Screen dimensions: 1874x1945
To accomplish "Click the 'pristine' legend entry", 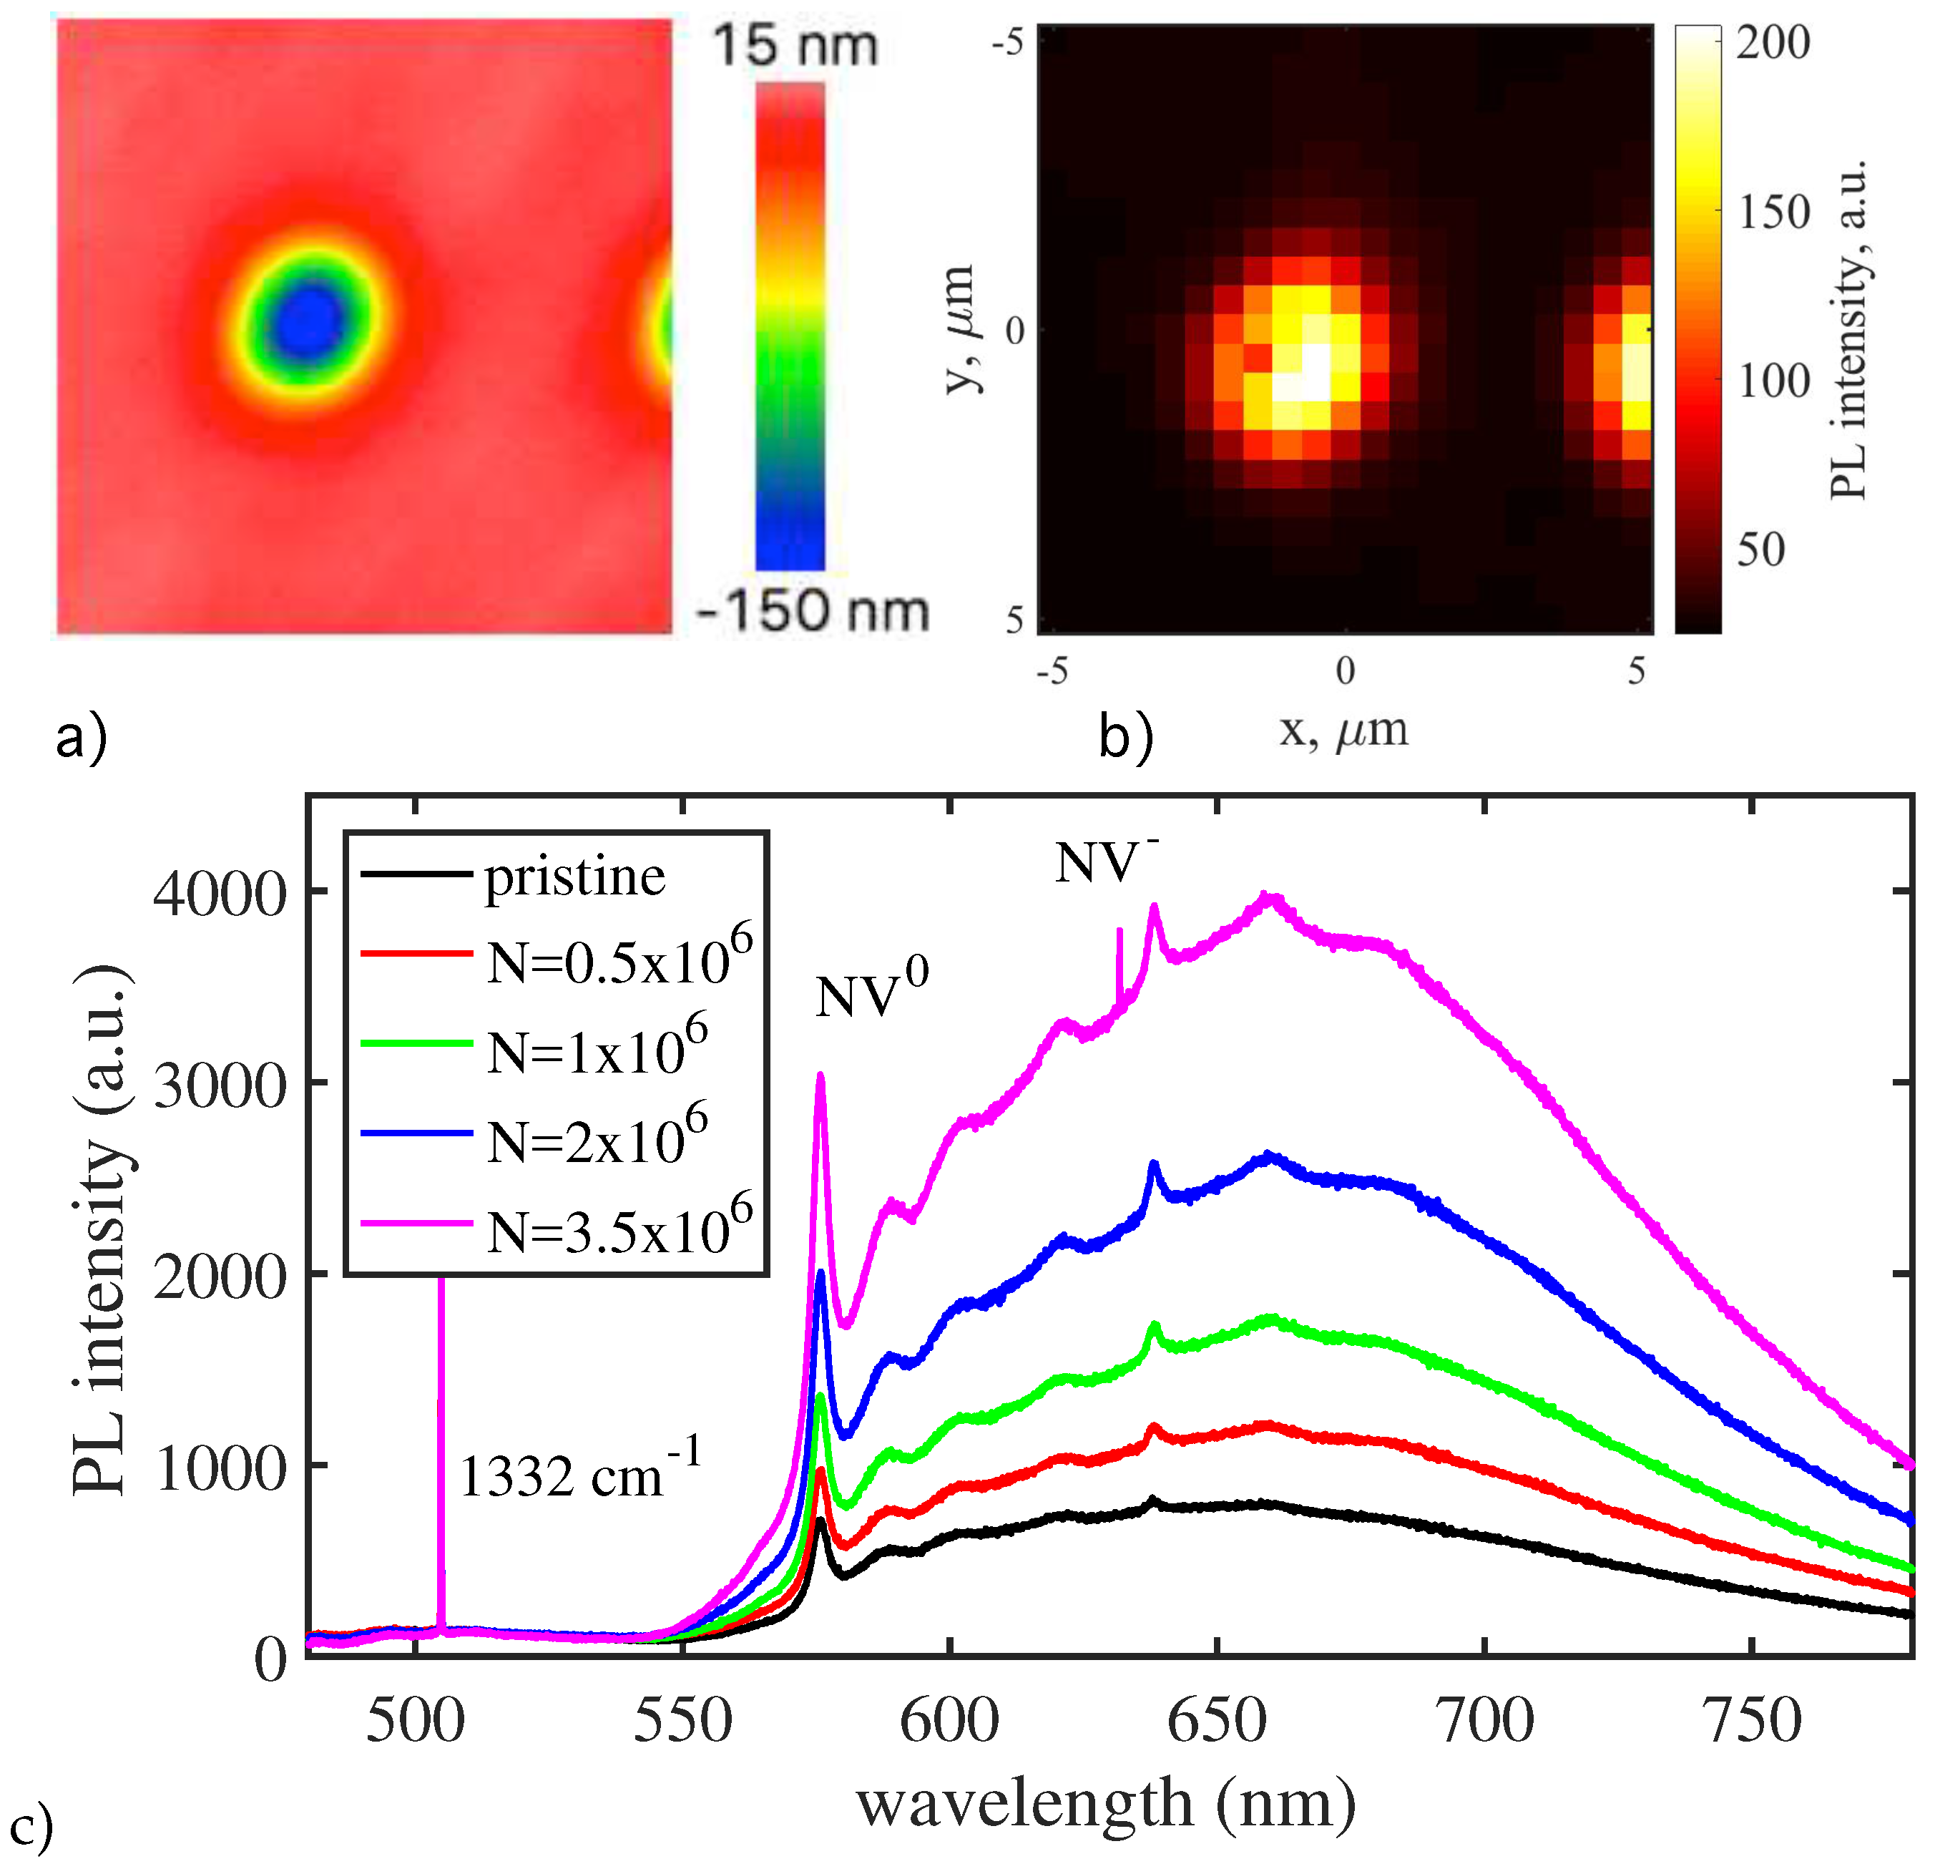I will pyautogui.click(x=574, y=877).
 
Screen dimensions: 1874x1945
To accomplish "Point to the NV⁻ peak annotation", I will pyautogui.click(x=1104, y=859).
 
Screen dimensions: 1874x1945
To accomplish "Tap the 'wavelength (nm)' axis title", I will pyautogui.click(x=1105, y=1802).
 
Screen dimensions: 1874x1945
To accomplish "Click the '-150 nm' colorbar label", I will pyautogui.click(x=813, y=610).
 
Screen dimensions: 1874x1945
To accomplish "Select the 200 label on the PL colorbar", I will pyautogui.click(x=1773, y=43).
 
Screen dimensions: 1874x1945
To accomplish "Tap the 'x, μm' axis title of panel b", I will pyautogui.click(x=1343, y=730).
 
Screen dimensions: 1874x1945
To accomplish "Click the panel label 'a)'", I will pyautogui.click(x=82, y=738).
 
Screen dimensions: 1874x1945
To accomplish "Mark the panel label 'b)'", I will pyautogui.click(x=1125, y=738).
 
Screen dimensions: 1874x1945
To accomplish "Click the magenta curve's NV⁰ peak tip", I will pyautogui.click(x=820, y=1075).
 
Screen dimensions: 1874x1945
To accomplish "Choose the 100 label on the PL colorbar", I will pyautogui.click(x=1773, y=381).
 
